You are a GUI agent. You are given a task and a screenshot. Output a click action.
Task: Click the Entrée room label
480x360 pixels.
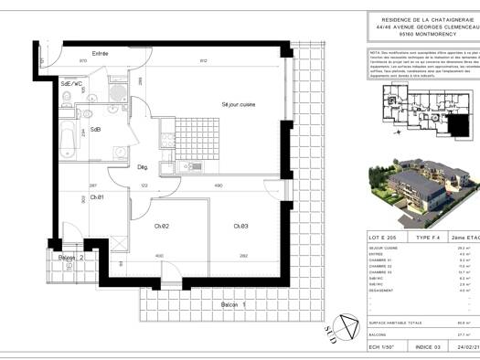[100, 54]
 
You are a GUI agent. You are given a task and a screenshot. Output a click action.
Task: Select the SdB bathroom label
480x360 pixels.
[93, 130]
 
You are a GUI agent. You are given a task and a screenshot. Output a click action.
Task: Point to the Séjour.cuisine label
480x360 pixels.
[238, 105]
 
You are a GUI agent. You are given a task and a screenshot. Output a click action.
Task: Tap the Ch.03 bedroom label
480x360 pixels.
[240, 226]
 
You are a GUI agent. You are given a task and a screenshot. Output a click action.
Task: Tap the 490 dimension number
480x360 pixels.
[219, 186]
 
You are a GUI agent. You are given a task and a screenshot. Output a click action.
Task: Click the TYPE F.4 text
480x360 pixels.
[426, 237]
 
